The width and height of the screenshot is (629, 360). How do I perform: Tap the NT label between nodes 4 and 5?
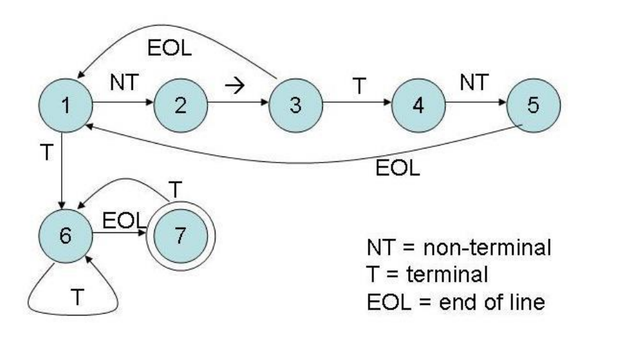tap(474, 83)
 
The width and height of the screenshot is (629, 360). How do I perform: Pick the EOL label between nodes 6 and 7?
tap(124, 222)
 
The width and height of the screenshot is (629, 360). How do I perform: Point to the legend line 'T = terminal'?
tap(428, 275)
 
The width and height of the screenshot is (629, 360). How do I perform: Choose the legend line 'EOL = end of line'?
tap(455, 302)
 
